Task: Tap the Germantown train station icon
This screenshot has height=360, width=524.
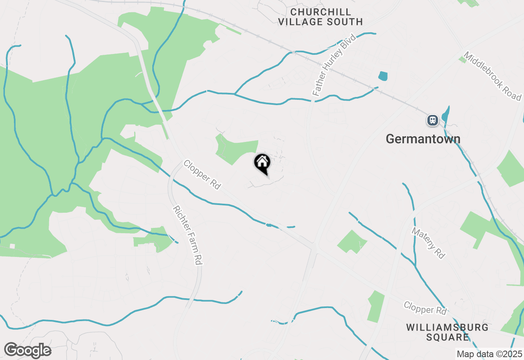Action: (432, 120)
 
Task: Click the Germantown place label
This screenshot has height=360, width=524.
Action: (423, 139)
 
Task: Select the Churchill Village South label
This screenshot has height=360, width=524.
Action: (320, 17)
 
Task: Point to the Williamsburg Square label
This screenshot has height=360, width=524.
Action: (447, 332)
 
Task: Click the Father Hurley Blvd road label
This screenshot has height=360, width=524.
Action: (334, 66)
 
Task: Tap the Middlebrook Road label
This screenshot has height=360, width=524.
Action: (492, 76)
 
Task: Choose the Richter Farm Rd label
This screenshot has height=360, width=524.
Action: (187, 235)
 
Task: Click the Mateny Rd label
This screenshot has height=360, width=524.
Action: (428, 243)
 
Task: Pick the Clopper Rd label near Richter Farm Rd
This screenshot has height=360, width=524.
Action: (202, 175)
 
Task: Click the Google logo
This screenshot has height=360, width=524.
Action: (27, 351)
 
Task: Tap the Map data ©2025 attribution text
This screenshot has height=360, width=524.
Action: (489, 354)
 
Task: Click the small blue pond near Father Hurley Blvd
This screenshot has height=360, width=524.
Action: (383, 76)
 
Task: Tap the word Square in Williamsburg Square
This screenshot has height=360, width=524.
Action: (447, 337)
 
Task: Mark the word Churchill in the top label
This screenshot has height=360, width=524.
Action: (320, 11)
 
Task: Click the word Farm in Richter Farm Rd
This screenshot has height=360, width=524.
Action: (189, 237)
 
